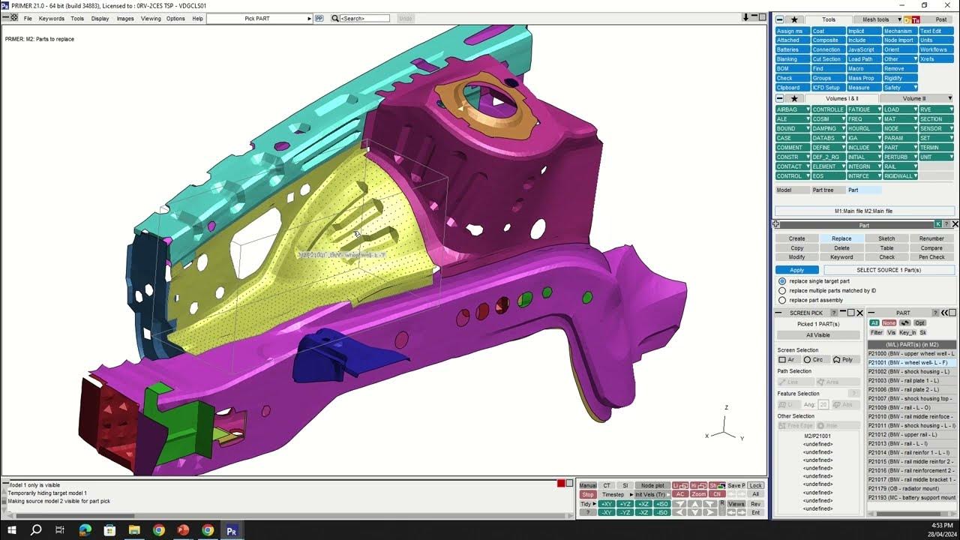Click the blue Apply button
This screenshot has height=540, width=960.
pos(797,270)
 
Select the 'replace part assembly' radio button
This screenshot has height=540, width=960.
pos(782,300)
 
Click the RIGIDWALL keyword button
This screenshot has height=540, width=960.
pos(899,176)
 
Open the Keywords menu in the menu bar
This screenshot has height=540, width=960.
pos(51,18)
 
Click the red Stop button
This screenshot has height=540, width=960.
pos(588,495)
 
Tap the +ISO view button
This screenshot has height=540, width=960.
pos(661,504)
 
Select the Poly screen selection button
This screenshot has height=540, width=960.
pos(843,360)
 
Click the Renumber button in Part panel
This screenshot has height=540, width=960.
pos(931,238)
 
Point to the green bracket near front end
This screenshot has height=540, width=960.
pos(172,409)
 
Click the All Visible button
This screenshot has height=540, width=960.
pos(817,335)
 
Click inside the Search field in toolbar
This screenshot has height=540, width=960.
pos(365,18)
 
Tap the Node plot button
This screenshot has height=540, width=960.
pos(652,486)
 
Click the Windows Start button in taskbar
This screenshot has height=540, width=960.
pos(12,530)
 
